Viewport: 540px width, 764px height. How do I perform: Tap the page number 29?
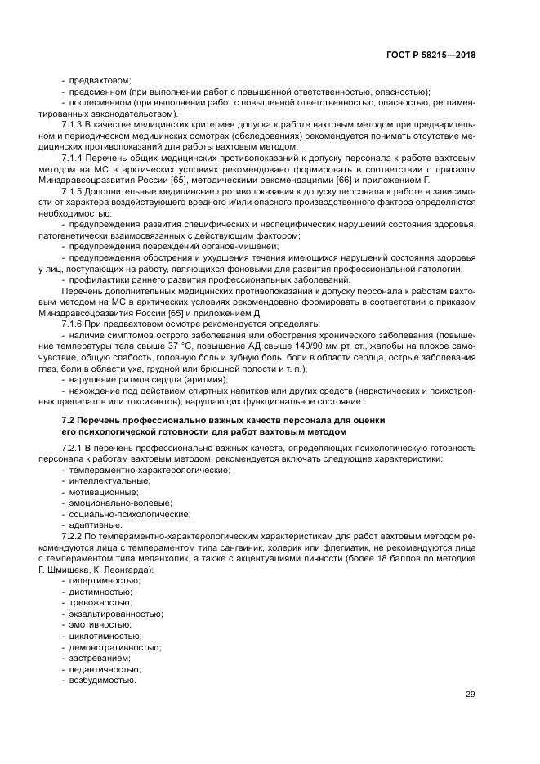pos(471,695)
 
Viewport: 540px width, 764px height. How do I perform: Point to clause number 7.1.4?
pos(74,156)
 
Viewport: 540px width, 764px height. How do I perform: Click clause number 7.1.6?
pos(74,324)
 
